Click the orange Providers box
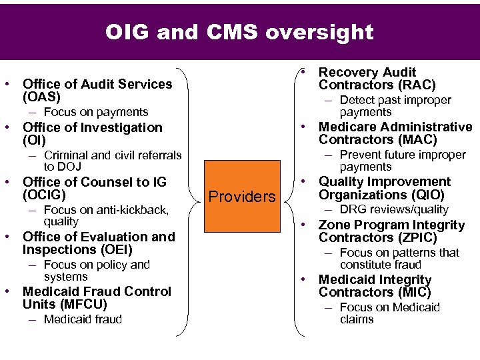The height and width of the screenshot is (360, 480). point(242,197)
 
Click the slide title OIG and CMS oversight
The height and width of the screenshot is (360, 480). point(239,32)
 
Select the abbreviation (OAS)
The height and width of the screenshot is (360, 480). point(43,97)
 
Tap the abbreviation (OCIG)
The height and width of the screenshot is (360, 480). point(44,195)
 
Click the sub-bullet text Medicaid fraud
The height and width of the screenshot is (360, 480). point(83,319)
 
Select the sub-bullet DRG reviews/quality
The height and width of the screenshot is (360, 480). point(394,209)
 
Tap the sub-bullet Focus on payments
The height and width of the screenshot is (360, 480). point(96,112)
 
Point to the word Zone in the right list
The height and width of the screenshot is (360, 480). point(334,225)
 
